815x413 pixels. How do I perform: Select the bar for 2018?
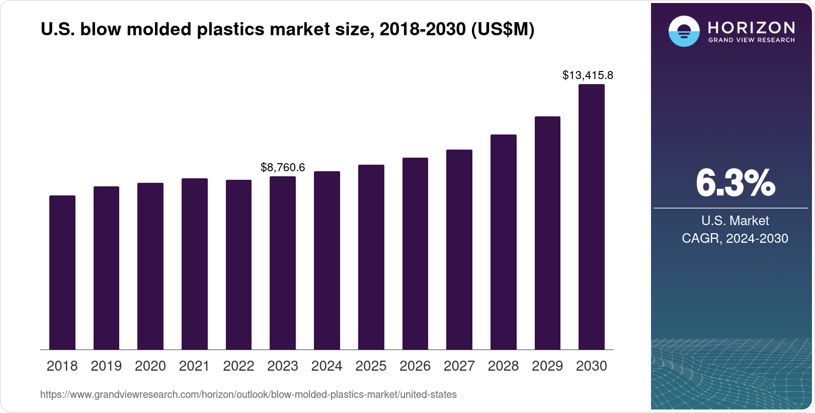coord(62,272)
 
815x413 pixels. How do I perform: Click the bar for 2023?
coord(283,263)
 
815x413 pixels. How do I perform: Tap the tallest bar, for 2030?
coord(592,217)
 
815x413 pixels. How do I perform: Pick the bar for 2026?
coord(415,254)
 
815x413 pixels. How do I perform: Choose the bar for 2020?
coord(150,266)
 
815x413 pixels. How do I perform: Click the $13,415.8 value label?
coord(588,76)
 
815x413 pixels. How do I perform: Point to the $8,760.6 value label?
coord(283,168)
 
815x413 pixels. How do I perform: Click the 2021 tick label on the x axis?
coord(194,366)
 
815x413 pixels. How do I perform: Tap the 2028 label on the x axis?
coord(503,366)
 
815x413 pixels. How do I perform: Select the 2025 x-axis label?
coord(371,366)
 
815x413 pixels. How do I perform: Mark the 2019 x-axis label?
coord(106,366)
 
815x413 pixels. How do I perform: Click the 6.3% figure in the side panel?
coord(735,183)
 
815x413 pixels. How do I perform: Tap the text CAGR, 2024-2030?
coord(735,238)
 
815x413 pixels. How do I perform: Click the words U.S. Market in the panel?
coord(735,221)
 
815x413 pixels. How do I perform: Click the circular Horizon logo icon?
coord(684,31)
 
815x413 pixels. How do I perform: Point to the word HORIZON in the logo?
coord(751,27)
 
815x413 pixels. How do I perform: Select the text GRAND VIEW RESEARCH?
coord(751,40)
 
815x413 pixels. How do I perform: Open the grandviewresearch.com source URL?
coord(249,395)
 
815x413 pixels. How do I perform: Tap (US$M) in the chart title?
coord(502,30)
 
